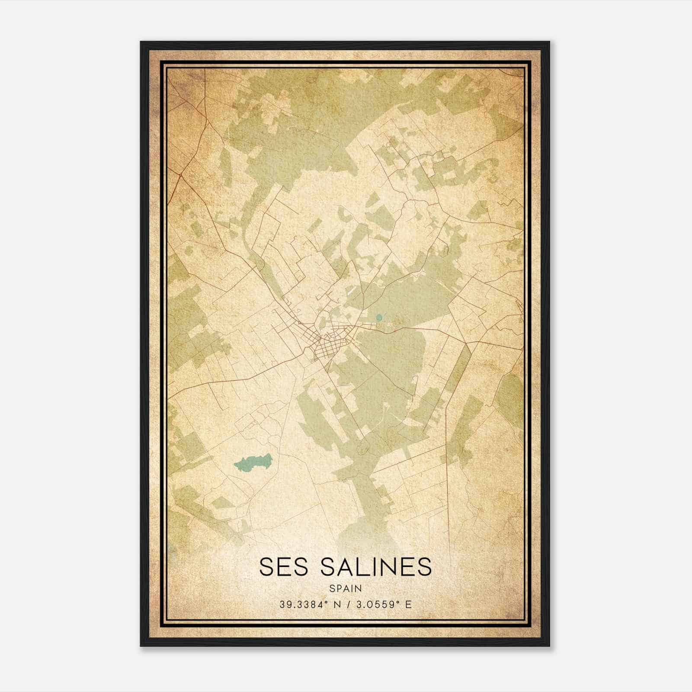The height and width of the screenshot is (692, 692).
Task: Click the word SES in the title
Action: tap(284, 567)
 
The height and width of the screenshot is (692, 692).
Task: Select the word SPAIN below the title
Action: tap(346, 589)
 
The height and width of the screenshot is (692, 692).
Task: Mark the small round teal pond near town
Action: tap(379, 317)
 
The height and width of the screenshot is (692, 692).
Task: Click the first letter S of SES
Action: tap(267, 567)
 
